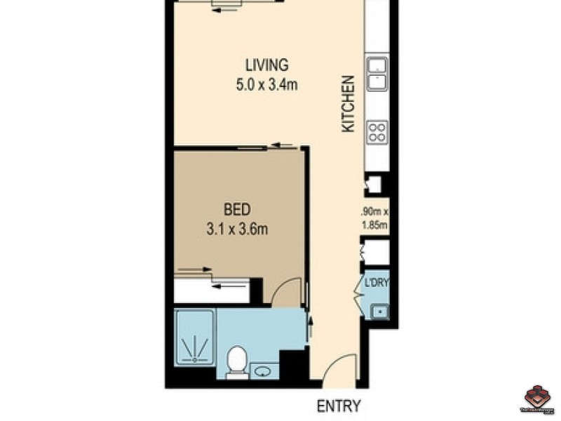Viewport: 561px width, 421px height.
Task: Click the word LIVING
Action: [266, 65]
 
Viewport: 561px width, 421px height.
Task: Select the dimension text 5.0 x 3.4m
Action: [266, 86]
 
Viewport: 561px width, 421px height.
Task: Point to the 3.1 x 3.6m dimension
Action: [237, 229]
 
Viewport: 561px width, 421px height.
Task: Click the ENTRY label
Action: [339, 406]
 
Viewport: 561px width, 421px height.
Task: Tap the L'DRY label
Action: [376, 283]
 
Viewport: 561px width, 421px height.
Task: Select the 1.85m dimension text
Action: [374, 225]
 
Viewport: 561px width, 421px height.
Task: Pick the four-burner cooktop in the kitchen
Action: [377, 133]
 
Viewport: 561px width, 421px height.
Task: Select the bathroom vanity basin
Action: [264, 370]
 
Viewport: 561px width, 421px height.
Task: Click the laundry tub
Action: [379, 309]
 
